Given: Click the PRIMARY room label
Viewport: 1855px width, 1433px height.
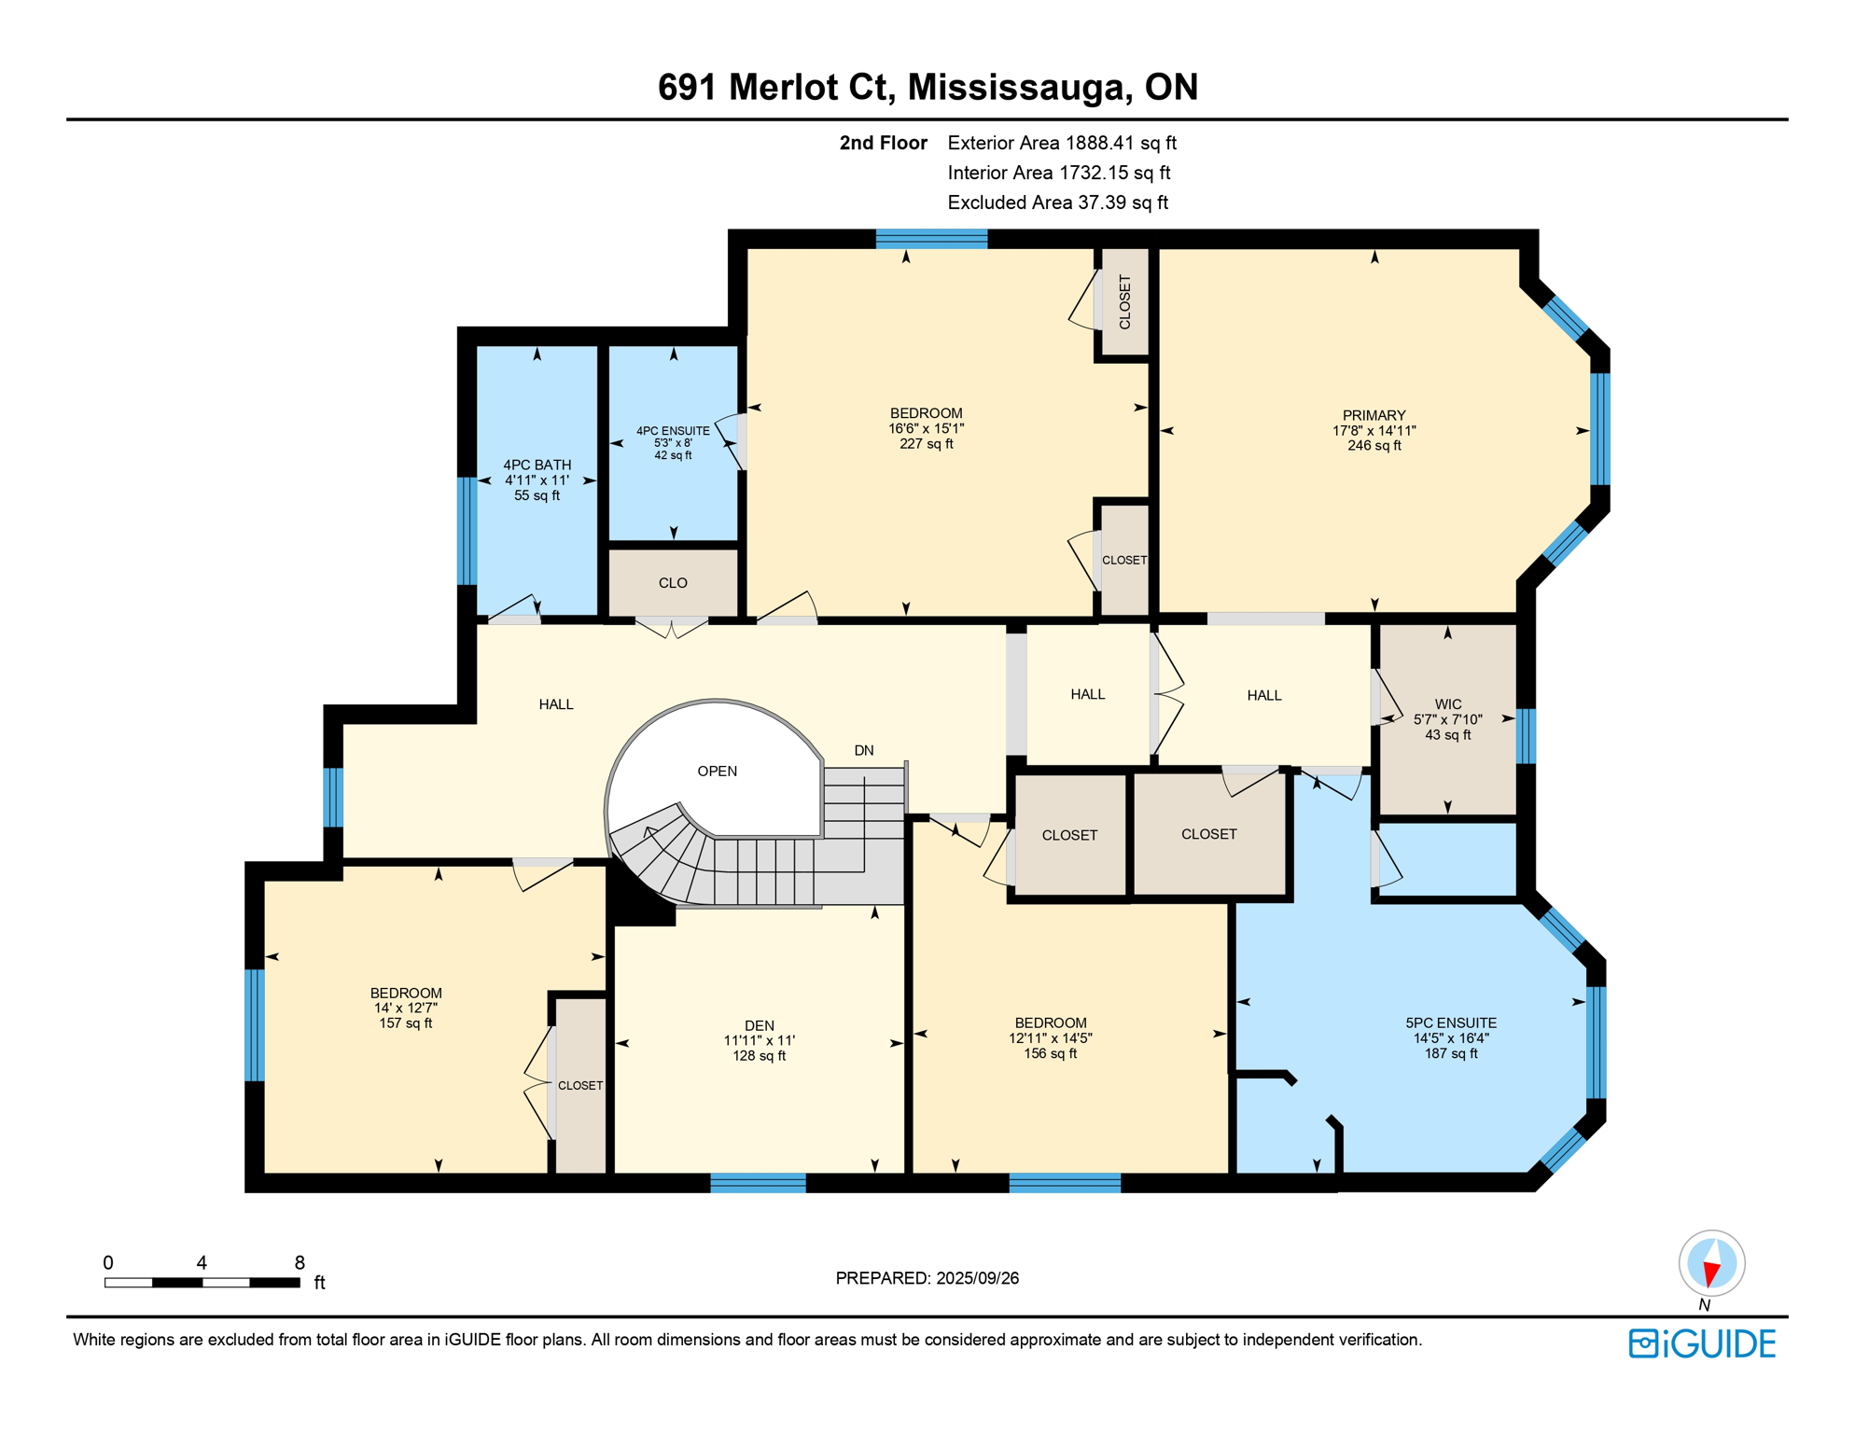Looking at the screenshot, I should click(x=1374, y=415).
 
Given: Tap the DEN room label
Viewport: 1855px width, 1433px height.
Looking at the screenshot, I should click(x=759, y=1025).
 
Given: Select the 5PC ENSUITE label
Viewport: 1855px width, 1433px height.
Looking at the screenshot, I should click(x=1450, y=1023).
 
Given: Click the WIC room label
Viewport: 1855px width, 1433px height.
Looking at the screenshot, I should click(x=1447, y=704).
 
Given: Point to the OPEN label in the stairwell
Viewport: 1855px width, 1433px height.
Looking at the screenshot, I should click(x=717, y=771).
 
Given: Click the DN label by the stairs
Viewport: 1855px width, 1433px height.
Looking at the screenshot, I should click(x=863, y=750).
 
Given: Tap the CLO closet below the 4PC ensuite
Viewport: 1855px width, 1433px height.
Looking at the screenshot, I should click(x=673, y=583).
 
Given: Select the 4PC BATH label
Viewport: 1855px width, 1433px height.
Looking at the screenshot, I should click(x=537, y=465).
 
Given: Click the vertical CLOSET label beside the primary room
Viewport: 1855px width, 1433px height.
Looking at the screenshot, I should click(x=1124, y=302).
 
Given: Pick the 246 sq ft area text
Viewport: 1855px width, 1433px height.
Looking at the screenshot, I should click(x=1374, y=446).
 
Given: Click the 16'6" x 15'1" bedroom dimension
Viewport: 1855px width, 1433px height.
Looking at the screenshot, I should click(x=926, y=429).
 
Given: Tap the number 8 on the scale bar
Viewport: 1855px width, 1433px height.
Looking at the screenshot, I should click(x=299, y=1262).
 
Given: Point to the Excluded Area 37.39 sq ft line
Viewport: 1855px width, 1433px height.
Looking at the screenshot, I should click(x=1057, y=202).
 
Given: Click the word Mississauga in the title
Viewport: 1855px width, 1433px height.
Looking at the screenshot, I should click(x=1016, y=87).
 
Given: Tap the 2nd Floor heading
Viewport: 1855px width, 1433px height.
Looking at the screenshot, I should click(x=883, y=143).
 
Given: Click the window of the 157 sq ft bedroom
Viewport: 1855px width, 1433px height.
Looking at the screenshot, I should click(x=254, y=1024).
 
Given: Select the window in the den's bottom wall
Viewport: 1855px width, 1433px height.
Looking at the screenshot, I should click(x=758, y=1183).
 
